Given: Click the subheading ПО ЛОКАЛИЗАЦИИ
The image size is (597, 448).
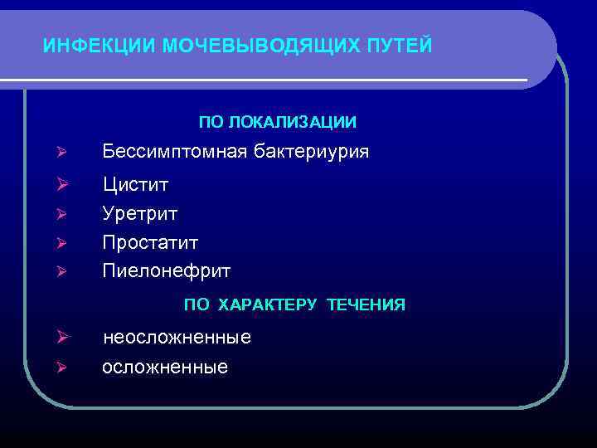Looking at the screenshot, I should [278, 123].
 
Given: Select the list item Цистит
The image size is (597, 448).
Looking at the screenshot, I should [134, 183].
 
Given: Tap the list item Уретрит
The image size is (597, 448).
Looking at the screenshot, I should [140, 213].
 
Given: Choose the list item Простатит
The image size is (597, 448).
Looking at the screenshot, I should [150, 242].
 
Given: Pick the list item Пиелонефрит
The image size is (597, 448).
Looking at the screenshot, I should [166, 270].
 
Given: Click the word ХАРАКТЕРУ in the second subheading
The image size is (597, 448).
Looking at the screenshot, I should [267, 305].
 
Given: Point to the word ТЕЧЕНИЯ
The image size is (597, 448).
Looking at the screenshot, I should [366, 305].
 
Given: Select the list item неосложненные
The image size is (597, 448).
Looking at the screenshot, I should [177, 338].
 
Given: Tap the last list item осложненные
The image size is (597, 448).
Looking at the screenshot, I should [165, 367].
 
